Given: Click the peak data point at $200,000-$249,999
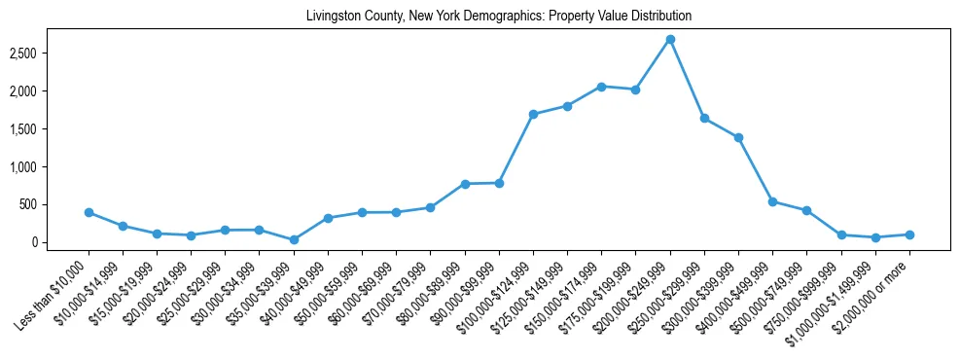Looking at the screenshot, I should (x=670, y=39).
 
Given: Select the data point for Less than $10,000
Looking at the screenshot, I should (x=89, y=212).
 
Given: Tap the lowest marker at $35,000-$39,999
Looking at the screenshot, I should (x=294, y=239).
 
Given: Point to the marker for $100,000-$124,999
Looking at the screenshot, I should (x=533, y=114).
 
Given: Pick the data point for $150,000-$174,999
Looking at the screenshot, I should (x=601, y=87).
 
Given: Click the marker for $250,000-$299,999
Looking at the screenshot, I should (x=704, y=118).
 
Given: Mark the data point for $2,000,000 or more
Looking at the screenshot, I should (x=909, y=234).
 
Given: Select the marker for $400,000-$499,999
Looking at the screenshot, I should (x=772, y=201).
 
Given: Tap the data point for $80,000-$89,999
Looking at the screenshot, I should (x=465, y=184).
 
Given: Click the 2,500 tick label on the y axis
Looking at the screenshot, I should (x=50, y=53).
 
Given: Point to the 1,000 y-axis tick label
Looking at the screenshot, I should (x=50, y=166).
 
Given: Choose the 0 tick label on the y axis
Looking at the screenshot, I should (x=60, y=242).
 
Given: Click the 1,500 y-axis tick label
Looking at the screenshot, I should (x=50, y=128).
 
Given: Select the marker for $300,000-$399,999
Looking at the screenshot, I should (x=738, y=137).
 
